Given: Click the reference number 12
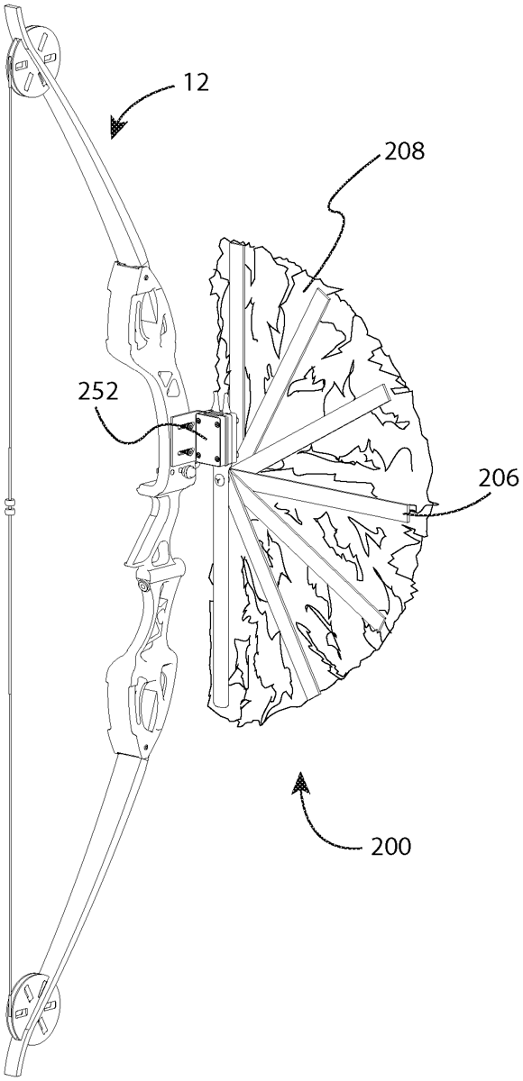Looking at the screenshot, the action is [195, 83].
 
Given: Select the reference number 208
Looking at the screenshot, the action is [404, 151].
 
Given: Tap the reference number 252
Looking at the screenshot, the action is [97, 392].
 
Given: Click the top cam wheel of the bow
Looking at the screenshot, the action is [33, 62].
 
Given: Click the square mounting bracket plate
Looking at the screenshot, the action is [210, 437].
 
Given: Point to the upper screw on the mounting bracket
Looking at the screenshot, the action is [187, 427].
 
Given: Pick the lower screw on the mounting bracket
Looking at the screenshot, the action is [187, 452].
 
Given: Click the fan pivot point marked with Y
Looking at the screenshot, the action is [220, 479].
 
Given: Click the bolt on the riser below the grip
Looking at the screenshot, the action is [143, 585].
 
